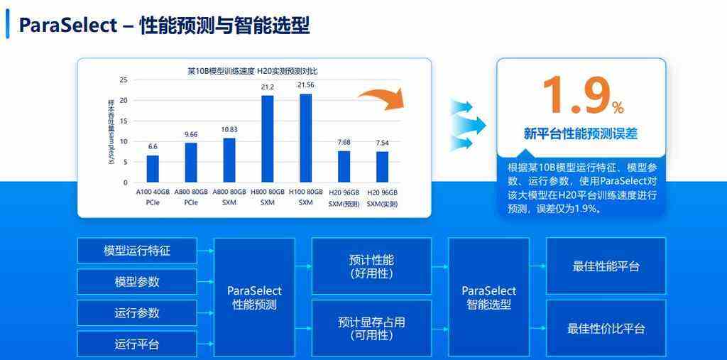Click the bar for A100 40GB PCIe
coord(153,168)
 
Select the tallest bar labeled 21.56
coord(305,138)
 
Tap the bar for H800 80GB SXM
coord(268,138)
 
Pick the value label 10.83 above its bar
coord(229,129)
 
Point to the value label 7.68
coord(344,142)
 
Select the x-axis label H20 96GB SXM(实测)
coord(382,198)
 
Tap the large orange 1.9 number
coord(574,96)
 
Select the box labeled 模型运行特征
coord(137,251)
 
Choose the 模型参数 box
coord(137,282)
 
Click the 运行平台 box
coord(137,344)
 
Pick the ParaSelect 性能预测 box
coord(254,298)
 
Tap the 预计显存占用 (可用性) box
coord(371,329)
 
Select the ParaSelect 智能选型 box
coord(488,298)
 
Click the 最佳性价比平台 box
coord(606,329)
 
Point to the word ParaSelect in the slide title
coord(67,26)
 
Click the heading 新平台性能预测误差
coord(581,134)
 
